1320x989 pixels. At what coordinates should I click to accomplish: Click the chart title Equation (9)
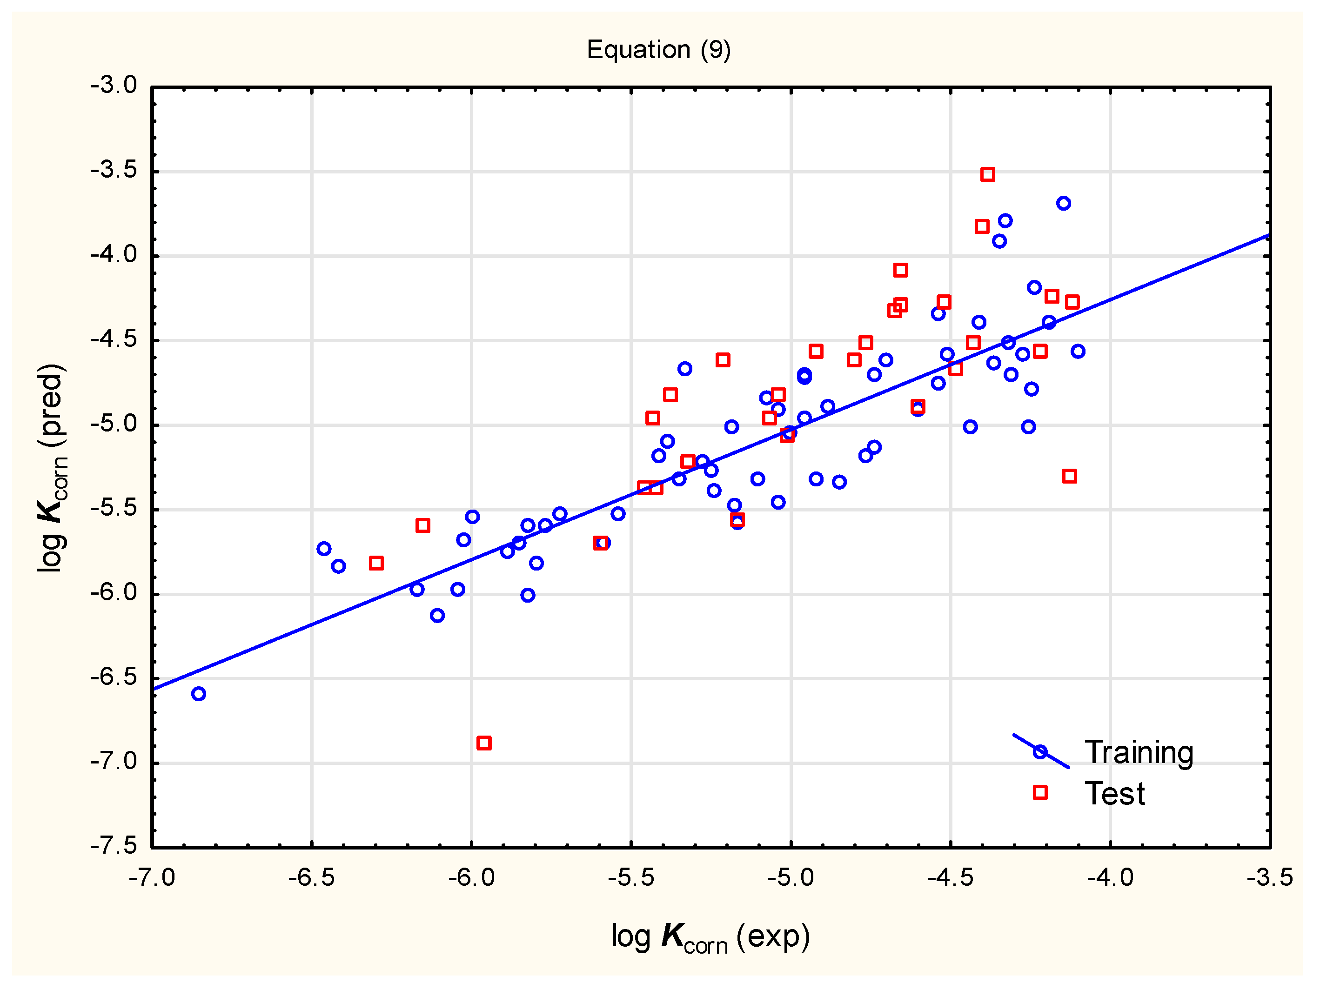pos(658,49)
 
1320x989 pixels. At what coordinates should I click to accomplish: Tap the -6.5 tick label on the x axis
pos(311,878)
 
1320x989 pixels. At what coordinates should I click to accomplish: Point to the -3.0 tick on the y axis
pos(114,85)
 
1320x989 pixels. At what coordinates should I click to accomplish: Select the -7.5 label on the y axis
pos(114,845)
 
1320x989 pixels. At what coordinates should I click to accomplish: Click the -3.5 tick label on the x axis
pos(1269,878)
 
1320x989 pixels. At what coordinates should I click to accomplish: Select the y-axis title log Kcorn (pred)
pos(52,468)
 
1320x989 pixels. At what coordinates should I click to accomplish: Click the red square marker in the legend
pos(1040,792)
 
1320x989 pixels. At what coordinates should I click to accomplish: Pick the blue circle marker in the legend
pos(1040,751)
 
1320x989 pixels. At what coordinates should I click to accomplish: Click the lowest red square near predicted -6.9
pos(484,743)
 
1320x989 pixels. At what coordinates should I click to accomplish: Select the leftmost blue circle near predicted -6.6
pos(199,694)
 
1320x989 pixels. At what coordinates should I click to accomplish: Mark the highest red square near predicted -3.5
pos(988,174)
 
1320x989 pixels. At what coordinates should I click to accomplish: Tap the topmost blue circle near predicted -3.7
pos(1064,203)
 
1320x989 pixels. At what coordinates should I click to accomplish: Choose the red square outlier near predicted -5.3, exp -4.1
pos(1069,476)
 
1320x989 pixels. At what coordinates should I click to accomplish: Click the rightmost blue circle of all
pos(1078,352)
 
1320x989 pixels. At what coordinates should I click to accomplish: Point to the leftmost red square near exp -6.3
pos(376,563)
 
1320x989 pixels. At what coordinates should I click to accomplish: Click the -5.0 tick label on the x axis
pos(790,878)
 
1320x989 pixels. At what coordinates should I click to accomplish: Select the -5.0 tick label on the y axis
pos(114,424)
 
